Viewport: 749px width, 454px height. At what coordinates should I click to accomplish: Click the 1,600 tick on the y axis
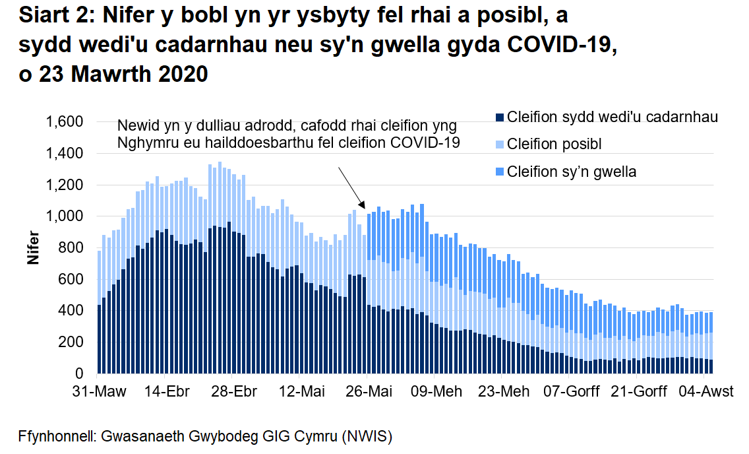pos(65,123)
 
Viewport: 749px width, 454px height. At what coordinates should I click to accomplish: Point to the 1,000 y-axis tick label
pos(65,217)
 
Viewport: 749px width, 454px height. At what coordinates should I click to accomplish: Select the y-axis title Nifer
pos(32,249)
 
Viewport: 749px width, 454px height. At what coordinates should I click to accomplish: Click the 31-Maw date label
pos(98,391)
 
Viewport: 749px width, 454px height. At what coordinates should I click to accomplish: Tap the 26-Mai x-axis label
pos(371,391)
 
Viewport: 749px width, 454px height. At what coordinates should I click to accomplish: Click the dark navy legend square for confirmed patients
pos(500,117)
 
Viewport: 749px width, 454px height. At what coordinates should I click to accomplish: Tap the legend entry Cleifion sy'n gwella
pos(571,172)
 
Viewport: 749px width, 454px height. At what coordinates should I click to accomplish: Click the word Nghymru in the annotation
pos(144,143)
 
